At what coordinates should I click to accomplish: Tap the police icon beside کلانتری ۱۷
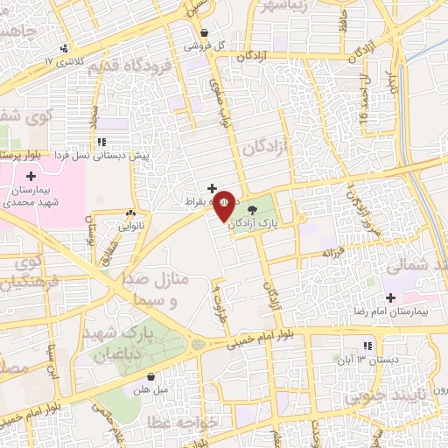(63, 49)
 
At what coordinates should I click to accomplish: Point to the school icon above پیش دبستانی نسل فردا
(102, 142)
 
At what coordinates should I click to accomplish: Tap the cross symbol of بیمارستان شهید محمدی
(31, 177)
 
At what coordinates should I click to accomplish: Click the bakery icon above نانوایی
(130, 213)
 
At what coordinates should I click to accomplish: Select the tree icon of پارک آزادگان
(254, 210)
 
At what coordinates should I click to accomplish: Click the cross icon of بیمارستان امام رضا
(390, 297)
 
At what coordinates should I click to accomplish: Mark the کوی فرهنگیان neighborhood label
(24, 273)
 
